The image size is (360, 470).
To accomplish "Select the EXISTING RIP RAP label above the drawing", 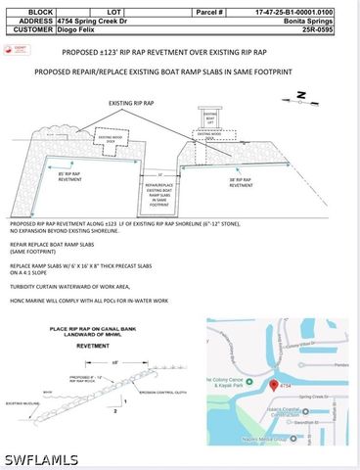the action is (x=132, y=102).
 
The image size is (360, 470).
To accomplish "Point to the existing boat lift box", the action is (x=208, y=117).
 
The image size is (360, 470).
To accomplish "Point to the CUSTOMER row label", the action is (x=30, y=29).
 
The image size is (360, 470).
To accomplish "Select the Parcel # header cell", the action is (x=216, y=12).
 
